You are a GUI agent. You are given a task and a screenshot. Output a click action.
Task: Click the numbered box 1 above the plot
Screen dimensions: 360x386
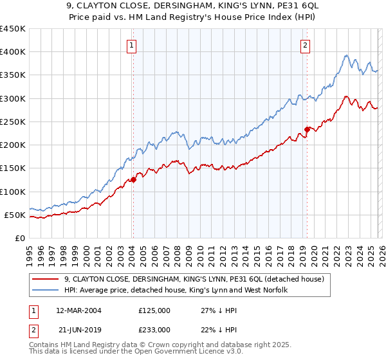(132, 45)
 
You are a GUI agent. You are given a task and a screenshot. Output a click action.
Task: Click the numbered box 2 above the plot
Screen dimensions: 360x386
(304, 45)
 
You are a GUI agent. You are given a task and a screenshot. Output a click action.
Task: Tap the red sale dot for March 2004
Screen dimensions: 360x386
(133, 180)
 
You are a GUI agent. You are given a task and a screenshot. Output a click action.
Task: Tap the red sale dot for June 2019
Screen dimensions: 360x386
(307, 129)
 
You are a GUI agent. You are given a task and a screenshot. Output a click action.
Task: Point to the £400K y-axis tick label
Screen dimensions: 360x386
(13, 52)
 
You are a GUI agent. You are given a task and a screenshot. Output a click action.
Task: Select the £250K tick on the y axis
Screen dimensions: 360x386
(13, 122)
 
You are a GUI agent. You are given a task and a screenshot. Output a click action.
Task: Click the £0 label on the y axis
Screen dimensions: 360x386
(19, 238)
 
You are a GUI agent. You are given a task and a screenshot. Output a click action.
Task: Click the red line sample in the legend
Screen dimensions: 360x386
(46, 279)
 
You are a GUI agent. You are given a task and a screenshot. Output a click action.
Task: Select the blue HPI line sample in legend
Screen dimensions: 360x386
(46, 291)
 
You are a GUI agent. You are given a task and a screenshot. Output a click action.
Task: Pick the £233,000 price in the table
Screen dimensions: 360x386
(154, 329)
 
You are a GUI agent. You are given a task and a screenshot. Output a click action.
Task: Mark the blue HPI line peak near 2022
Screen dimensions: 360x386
(346, 56)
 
